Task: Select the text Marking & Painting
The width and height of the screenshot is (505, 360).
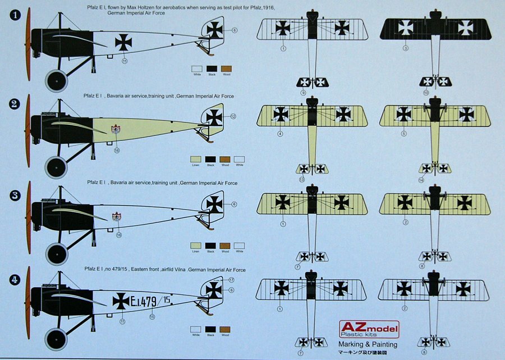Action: (x=368, y=344)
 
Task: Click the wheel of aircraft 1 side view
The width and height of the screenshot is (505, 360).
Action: (x=56, y=81)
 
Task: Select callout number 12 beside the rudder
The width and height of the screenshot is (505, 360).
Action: (x=233, y=116)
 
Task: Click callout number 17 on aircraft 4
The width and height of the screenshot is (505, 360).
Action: (x=231, y=279)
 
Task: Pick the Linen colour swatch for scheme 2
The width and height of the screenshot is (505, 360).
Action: (x=196, y=159)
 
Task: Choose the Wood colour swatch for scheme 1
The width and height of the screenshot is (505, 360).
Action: (x=226, y=68)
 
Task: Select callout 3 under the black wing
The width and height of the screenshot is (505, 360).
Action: (x=406, y=49)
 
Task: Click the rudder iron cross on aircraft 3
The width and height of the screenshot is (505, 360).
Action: (x=214, y=204)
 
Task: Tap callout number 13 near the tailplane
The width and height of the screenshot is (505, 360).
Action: (x=301, y=180)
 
